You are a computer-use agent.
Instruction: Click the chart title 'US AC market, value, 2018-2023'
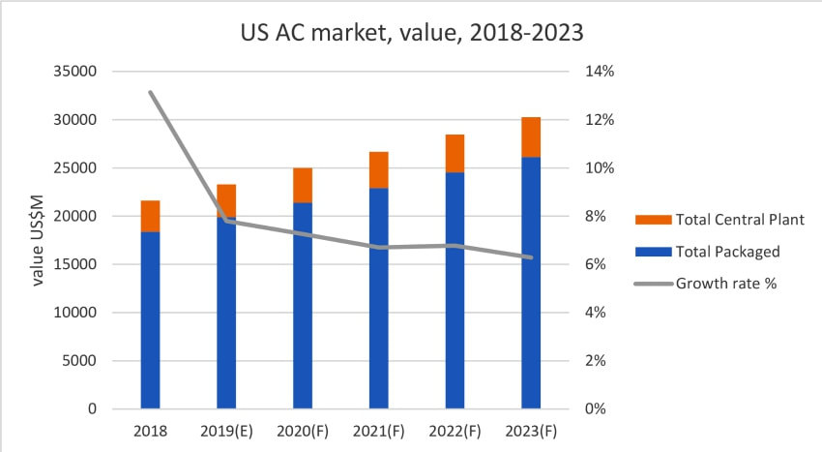pyautogui.click(x=411, y=32)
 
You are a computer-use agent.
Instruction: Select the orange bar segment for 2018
pyautogui.click(x=150, y=216)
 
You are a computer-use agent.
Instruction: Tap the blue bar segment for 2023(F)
pyautogui.click(x=531, y=283)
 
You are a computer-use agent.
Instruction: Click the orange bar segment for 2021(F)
pyautogui.click(x=379, y=169)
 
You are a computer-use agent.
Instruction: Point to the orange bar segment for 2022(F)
pyautogui.click(x=455, y=153)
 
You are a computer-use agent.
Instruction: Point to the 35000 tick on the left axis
pyautogui.click(x=77, y=72)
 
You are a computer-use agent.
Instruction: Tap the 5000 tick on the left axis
pyautogui.click(x=81, y=361)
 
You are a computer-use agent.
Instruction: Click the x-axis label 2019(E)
pyautogui.click(x=226, y=430)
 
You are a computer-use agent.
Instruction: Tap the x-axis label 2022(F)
pyautogui.click(x=455, y=430)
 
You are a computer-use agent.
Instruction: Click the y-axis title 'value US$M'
pyautogui.click(x=38, y=239)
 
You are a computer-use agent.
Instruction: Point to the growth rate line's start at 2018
pyautogui.click(x=150, y=92)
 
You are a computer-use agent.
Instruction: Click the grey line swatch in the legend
pyautogui.click(x=651, y=284)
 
